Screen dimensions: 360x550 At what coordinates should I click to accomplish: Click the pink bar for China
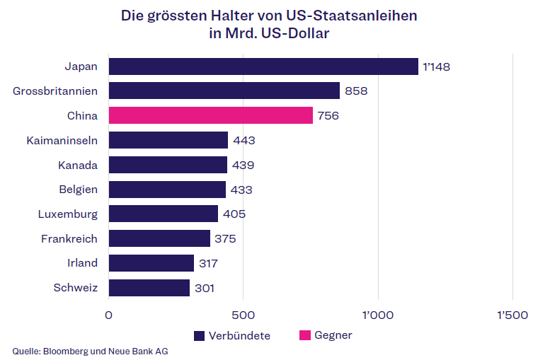(211, 115)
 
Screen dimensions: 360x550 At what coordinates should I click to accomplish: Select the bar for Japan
(263, 66)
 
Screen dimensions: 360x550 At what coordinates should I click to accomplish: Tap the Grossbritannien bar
(224, 91)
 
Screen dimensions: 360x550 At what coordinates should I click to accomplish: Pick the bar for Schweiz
(149, 288)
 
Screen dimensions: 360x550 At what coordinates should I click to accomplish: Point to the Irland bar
(151, 263)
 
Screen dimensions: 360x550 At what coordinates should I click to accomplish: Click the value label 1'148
(436, 67)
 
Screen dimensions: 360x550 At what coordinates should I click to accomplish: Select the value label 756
(328, 116)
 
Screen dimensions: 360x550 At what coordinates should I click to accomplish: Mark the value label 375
(225, 239)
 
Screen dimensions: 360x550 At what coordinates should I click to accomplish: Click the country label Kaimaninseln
(62, 140)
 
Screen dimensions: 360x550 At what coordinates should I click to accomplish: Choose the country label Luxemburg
(68, 214)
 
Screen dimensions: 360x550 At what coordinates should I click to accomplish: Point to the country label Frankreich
(69, 238)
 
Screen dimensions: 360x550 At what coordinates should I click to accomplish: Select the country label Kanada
(78, 165)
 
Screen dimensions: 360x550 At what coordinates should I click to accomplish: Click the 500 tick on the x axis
(243, 315)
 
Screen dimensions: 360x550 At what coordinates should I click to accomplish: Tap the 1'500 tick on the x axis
(512, 315)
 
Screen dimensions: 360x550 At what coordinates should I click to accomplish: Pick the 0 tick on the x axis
(109, 315)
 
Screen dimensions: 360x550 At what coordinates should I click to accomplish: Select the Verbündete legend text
(239, 335)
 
